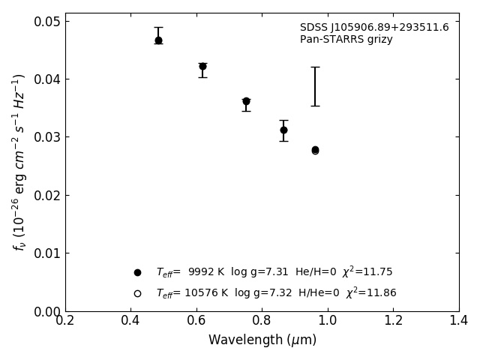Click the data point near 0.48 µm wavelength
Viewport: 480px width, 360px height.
(x=158, y=40)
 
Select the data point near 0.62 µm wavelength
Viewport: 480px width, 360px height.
(x=202, y=66)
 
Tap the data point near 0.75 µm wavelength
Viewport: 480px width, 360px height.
(x=246, y=101)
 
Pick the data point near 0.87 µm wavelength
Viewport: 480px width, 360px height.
(x=283, y=130)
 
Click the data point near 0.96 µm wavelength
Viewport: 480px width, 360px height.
(x=315, y=150)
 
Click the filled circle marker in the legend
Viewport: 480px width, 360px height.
(x=137, y=272)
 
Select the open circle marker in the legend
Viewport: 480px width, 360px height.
(x=137, y=293)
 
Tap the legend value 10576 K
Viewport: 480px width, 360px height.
(x=205, y=293)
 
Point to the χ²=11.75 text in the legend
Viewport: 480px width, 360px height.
(x=367, y=272)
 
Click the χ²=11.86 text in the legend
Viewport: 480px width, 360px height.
(x=371, y=293)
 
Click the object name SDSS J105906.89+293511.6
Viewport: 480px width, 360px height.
(x=374, y=28)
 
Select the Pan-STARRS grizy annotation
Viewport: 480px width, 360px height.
(x=346, y=40)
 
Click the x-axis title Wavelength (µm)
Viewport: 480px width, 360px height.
(x=262, y=340)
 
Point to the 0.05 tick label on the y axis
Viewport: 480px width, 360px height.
(x=46, y=21)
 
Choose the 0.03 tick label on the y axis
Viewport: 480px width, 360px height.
(x=46, y=137)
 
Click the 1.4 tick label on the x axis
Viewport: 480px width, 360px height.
(x=459, y=321)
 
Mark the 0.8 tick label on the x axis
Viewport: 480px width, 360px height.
(x=262, y=321)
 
